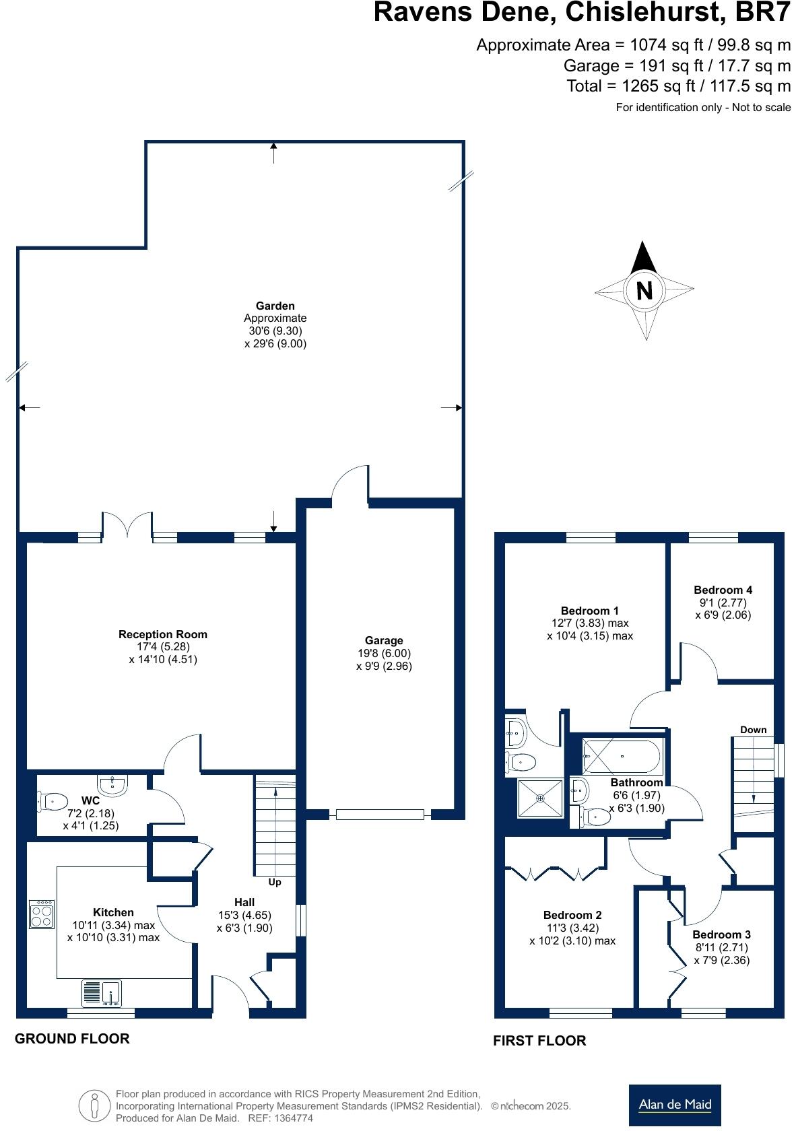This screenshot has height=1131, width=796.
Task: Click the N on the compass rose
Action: [x=644, y=290]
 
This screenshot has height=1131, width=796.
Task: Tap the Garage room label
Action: [x=384, y=640]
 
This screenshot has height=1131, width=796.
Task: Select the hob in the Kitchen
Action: [x=42, y=915]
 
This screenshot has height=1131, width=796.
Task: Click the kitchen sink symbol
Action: [x=102, y=993]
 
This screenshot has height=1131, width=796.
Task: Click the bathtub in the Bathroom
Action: [x=623, y=756]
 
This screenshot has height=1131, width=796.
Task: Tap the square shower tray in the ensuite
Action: [x=540, y=798]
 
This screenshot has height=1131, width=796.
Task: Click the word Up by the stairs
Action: [x=275, y=882]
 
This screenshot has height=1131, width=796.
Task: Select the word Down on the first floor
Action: [x=753, y=730]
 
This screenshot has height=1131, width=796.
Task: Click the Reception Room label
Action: [x=163, y=634]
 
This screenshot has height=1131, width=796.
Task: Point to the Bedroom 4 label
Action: [x=723, y=590]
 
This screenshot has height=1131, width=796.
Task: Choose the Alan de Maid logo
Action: [x=675, y=1105]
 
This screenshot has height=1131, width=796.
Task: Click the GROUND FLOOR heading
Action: [x=72, y=1039]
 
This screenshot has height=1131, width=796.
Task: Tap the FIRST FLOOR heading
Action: [x=539, y=1041]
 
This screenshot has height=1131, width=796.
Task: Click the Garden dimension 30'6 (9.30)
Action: [x=275, y=331]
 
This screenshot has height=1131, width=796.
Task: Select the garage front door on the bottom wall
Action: [x=380, y=815]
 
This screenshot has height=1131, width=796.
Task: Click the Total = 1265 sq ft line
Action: [x=678, y=86]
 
